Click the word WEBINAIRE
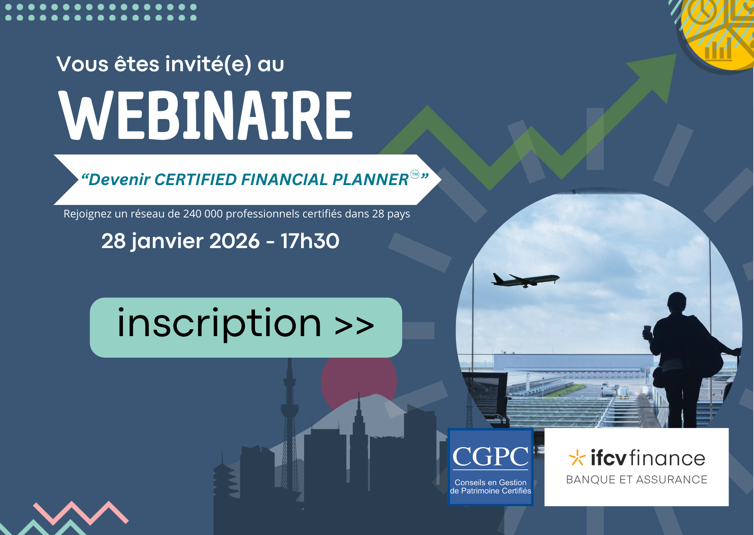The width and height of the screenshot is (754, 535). pyautogui.click(x=206, y=115)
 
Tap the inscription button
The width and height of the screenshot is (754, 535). pyautogui.click(x=246, y=327)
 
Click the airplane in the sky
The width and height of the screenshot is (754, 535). pyautogui.click(x=525, y=280)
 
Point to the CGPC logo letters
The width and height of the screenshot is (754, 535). pyautogui.click(x=490, y=456)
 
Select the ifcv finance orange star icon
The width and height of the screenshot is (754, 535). pyautogui.click(x=577, y=458)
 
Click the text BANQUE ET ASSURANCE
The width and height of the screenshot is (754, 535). pyautogui.click(x=637, y=480)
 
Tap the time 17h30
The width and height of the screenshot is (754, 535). pyautogui.click(x=310, y=241)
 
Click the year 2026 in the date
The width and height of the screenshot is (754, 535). pyautogui.click(x=234, y=241)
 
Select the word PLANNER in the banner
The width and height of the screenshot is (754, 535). pyautogui.click(x=371, y=179)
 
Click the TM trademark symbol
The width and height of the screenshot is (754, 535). pyautogui.click(x=415, y=174)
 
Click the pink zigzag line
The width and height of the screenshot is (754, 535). pyautogui.click(x=81, y=513)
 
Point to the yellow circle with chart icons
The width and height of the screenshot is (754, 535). pyautogui.click(x=718, y=32)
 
